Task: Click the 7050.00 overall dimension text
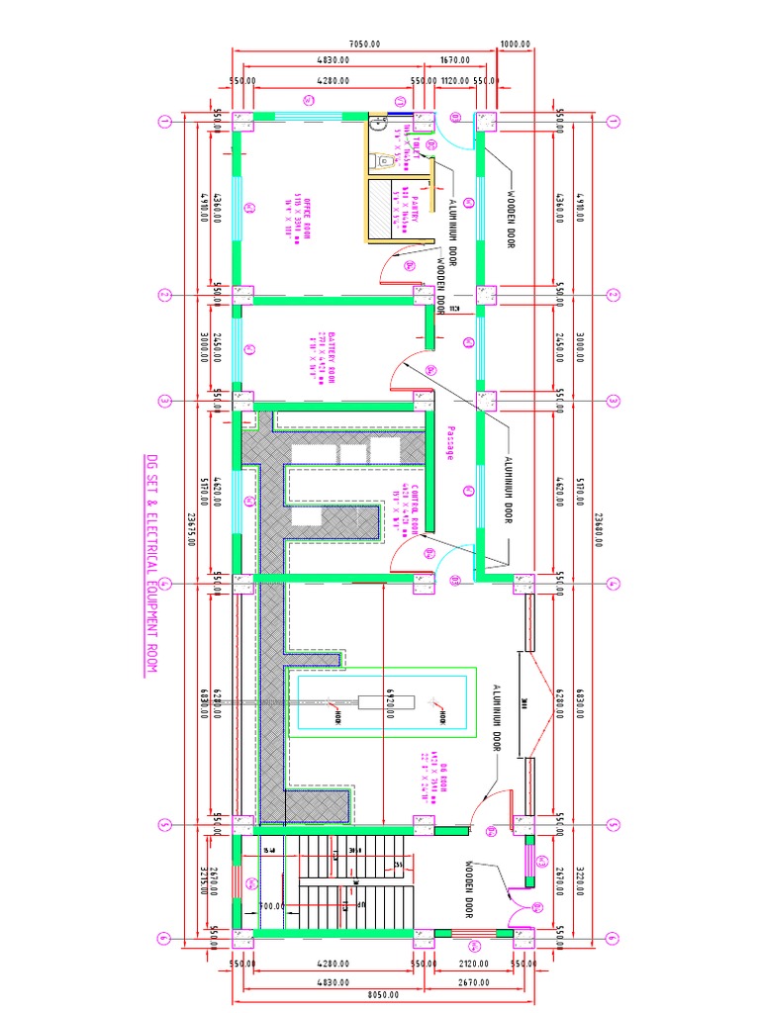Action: (x=365, y=45)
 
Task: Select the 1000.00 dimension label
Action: (x=516, y=45)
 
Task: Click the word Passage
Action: (x=448, y=442)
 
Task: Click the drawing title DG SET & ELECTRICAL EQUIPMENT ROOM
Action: (x=151, y=565)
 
